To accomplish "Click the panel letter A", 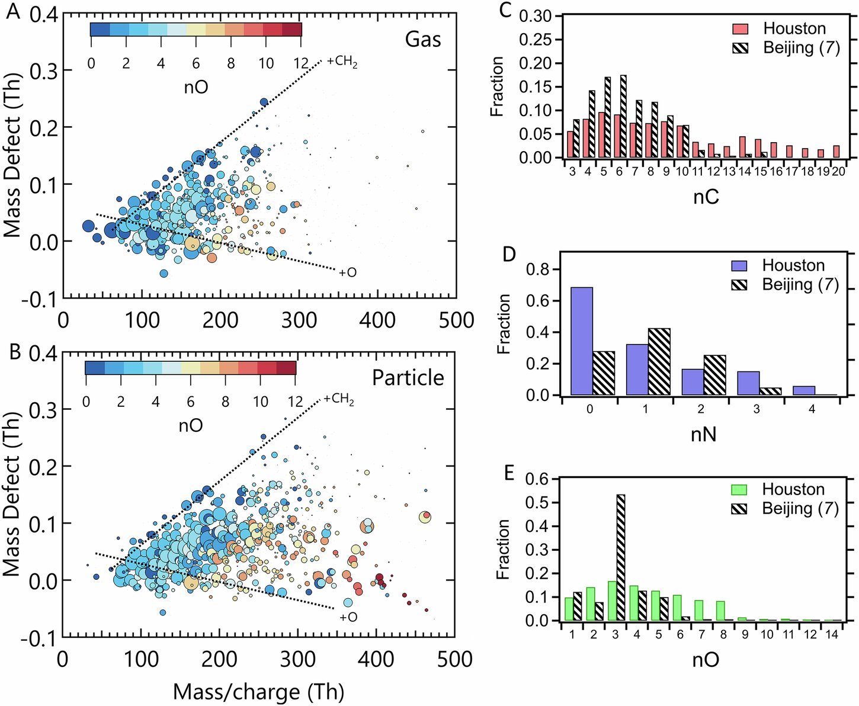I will [13, 11].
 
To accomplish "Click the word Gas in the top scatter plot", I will [423, 39].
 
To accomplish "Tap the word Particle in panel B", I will [408, 378].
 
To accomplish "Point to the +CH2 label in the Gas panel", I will [342, 62].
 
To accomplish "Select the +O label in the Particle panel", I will [348, 617].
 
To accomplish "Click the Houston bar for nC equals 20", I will [836, 152].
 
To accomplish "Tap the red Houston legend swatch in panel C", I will [741, 28].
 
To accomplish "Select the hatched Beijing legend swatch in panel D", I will [739, 285].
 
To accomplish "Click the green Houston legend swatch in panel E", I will [739, 490].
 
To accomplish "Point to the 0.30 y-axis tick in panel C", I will [535, 16].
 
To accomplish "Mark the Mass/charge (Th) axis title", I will [258, 691].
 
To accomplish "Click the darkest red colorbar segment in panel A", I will [292, 30].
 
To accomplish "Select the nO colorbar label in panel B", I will [190, 425].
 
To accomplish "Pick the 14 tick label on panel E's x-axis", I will [832, 634].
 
